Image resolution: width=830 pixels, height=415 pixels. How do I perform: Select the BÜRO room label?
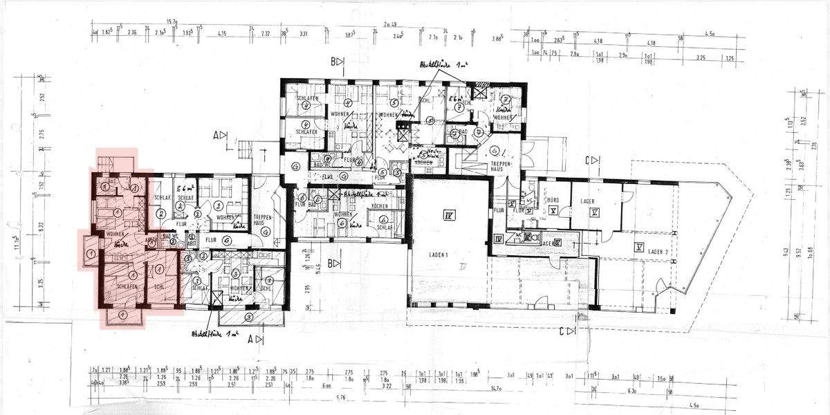(552, 201)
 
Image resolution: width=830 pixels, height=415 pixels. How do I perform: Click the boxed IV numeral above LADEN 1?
(448, 216)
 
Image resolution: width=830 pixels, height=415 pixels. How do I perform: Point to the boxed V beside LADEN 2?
(640, 246)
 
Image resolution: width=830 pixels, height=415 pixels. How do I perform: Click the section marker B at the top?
(337, 62)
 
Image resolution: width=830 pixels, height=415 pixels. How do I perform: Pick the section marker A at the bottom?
(257, 340)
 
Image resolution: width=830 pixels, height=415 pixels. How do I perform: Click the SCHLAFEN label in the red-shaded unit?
(124, 286)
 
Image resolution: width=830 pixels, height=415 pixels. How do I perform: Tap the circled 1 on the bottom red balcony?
(122, 315)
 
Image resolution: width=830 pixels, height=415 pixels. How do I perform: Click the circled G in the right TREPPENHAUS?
(495, 151)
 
